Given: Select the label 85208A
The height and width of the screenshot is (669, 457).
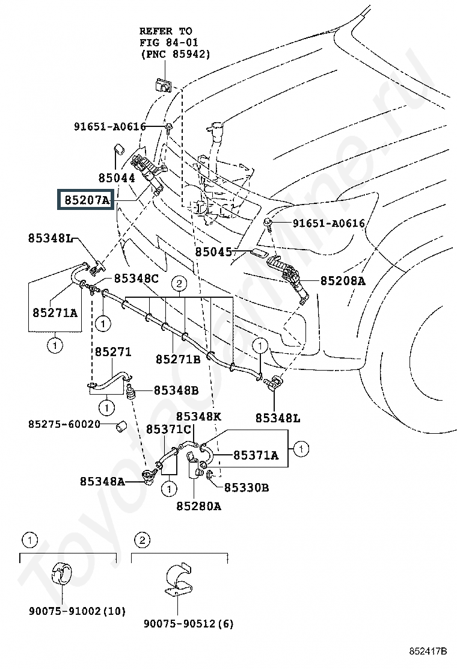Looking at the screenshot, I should [x=342, y=280].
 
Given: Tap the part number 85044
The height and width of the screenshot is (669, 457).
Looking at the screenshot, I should [x=117, y=178].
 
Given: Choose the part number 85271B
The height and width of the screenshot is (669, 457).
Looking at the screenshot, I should [x=178, y=359].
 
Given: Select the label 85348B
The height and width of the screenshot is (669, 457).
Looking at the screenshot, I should [x=176, y=390].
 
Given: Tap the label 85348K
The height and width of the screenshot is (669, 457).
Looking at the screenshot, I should [x=199, y=416].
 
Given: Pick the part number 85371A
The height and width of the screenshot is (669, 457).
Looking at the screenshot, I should [x=256, y=455].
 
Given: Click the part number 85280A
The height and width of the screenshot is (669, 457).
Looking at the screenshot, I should [x=198, y=506].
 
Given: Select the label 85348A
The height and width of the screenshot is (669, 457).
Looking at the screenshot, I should [x=102, y=481].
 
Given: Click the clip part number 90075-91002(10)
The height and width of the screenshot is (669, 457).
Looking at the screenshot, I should [x=76, y=611].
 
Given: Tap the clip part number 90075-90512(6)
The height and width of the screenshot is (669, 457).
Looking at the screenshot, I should [x=188, y=624].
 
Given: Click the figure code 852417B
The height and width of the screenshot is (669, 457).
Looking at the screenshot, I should [x=428, y=652].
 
